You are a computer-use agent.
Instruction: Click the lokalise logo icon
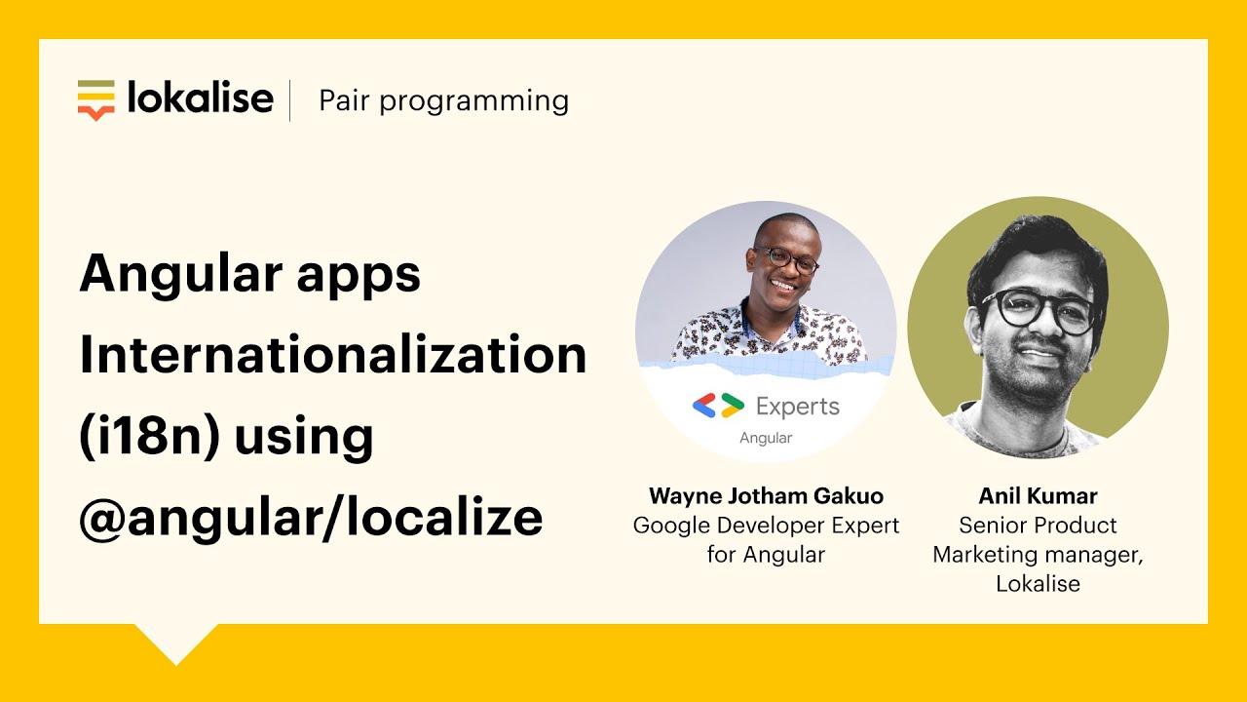[x=95, y=99]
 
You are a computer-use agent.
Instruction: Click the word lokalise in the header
[x=201, y=98]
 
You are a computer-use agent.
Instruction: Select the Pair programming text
[x=443, y=100]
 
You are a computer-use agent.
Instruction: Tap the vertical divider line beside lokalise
[x=290, y=100]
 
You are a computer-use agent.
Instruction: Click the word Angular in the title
[x=167, y=274]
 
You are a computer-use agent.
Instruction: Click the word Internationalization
[x=332, y=355]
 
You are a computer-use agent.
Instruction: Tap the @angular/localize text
[x=310, y=518]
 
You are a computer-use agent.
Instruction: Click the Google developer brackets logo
[x=718, y=406]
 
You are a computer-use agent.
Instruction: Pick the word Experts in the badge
[x=797, y=407]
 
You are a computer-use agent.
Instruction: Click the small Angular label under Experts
[x=766, y=438]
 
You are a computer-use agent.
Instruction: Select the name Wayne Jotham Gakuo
[x=766, y=495]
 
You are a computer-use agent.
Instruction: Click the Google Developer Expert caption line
[x=766, y=526]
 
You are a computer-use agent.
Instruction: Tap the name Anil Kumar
[x=1038, y=495]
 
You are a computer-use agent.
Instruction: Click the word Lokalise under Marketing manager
[x=1038, y=584]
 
